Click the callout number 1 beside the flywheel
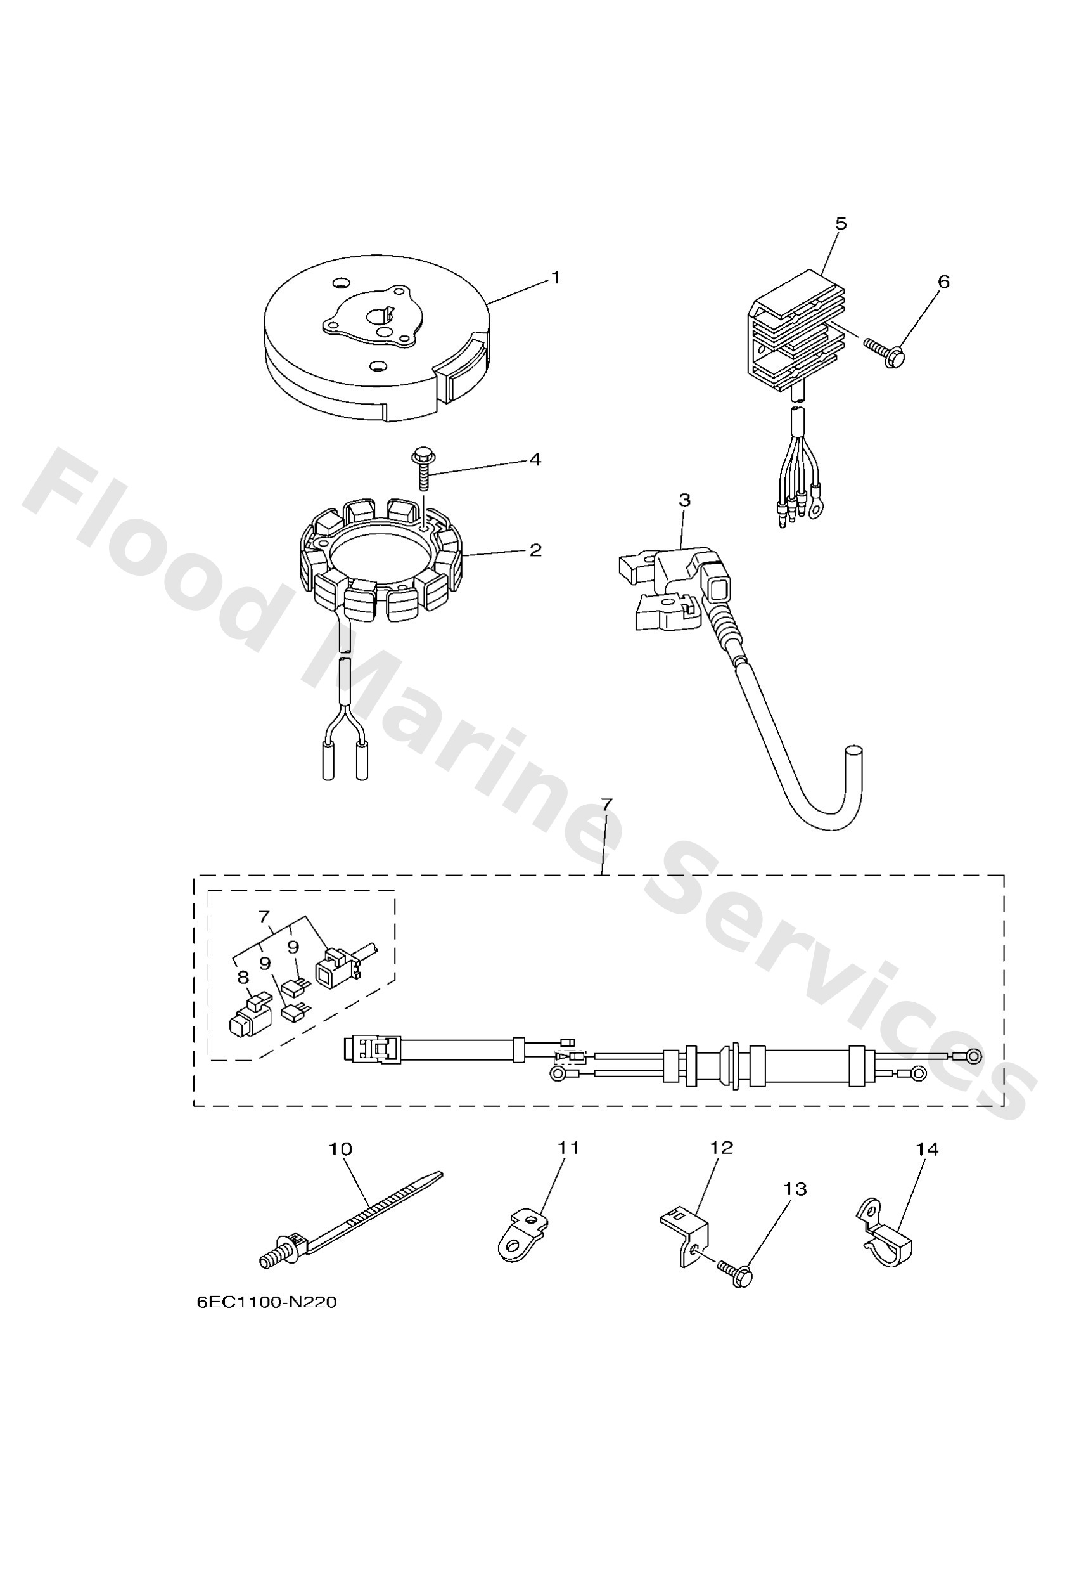556,278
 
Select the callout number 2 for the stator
535,550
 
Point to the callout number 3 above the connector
684,500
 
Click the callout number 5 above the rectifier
841,223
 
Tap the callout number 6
944,281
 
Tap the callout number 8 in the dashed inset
243,978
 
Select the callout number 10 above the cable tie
340,1149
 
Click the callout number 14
927,1149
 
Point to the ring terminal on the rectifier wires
815,508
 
